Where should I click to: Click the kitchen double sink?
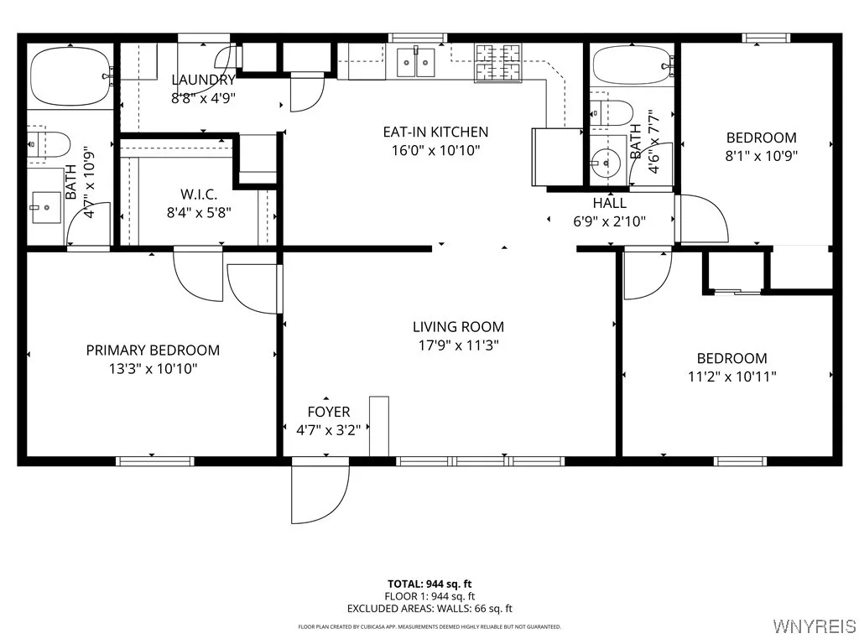(x=416, y=60)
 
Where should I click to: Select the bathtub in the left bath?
(x=70, y=76)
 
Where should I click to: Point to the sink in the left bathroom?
(x=46, y=206)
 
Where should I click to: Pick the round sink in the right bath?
(x=604, y=159)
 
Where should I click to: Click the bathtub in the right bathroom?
(x=633, y=65)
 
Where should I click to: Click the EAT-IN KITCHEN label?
(x=435, y=132)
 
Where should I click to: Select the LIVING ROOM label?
(x=458, y=327)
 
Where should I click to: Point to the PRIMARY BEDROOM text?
(x=153, y=351)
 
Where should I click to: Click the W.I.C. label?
(x=199, y=194)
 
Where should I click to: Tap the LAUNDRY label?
(x=203, y=80)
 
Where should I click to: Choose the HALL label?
(x=609, y=203)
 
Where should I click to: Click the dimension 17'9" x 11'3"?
(x=458, y=345)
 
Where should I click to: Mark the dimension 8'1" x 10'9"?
(x=761, y=155)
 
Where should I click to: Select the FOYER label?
(x=329, y=412)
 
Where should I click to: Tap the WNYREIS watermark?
(x=814, y=626)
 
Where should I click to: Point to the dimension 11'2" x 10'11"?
(x=731, y=377)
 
